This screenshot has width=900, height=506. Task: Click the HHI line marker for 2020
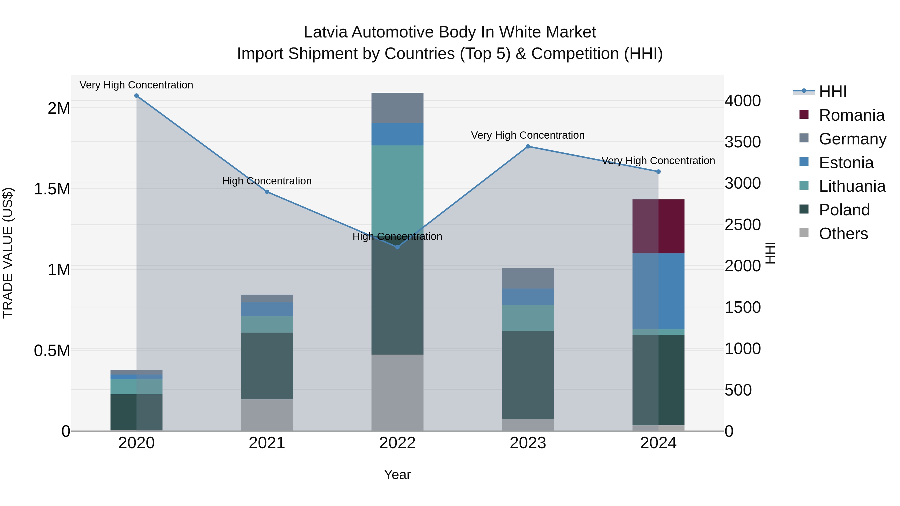pyautogui.click(x=136, y=96)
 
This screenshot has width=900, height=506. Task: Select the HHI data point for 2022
pyautogui.click(x=397, y=247)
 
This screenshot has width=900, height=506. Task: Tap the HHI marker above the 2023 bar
pyautogui.click(x=528, y=147)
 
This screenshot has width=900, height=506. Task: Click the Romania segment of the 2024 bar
pyautogui.click(x=658, y=226)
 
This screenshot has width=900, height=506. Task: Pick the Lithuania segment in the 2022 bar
pyautogui.click(x=397, y=189)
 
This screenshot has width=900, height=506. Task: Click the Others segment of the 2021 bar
pyautogui.click(x=267, y=415)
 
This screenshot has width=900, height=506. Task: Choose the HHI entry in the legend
pyautogui.click(x=832, y=91)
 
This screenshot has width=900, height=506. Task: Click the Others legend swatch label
pyautogui.click(x=843, y=234)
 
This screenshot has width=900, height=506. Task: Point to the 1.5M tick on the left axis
pyautogui.click(x=52, y=189)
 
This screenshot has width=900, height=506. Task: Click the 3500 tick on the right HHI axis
pyautogui.click(x=742, y=142)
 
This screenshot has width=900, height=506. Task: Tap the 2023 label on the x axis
pyautogui.click(x=528, y=443)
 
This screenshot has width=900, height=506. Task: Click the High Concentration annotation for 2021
pyautogui.click(x=267, y=181)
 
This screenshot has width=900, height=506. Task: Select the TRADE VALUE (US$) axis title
pyautogui.click(x=8, y=253)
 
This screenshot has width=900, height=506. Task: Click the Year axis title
pyautogui.click(x=397, y=475)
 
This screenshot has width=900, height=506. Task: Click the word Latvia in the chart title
pyautogui.click(x=325, y=32)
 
